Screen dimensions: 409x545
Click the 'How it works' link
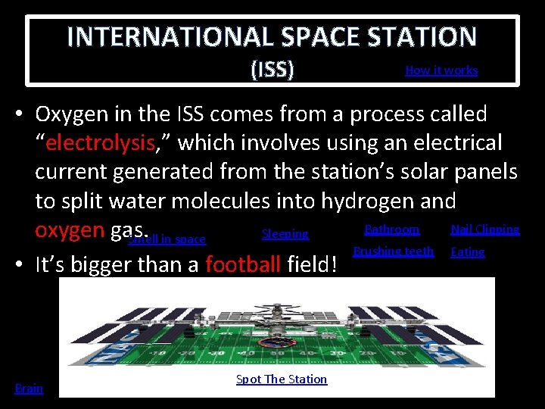(441, 70)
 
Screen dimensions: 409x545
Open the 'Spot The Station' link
(282, 379)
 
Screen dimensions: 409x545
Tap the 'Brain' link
(30, 389)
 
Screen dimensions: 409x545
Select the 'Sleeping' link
(285, 234)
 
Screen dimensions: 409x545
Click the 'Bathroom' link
(391, 229)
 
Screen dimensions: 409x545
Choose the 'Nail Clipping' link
(484, 229)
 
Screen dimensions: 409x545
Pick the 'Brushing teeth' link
(394, 251)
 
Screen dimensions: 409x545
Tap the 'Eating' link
(467, 251)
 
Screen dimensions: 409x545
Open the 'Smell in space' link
(168, 239)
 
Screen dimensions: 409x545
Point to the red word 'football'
(244, 265)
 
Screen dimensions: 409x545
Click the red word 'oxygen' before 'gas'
(69, 229)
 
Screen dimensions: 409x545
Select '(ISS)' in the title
(272, 70)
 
